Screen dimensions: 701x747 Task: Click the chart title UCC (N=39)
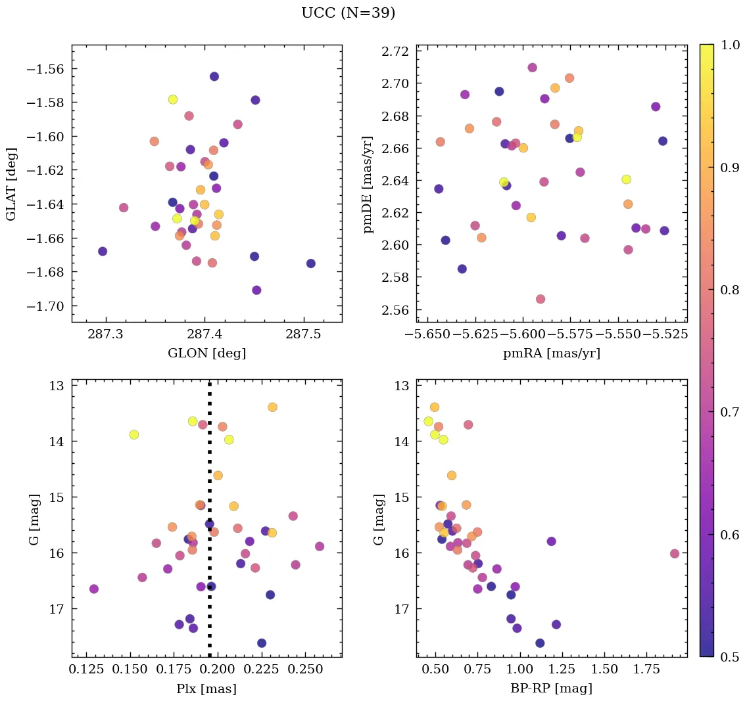pos(348,13)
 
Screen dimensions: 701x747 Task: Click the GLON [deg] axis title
pos(206,353)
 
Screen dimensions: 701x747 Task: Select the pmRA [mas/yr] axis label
pos(551,353)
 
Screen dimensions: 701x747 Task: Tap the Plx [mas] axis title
pos(206,689)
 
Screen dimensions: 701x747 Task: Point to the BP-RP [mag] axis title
pos(551,689)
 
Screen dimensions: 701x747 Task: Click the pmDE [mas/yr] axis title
pos(369,184)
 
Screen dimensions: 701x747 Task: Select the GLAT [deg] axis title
pos(11,184)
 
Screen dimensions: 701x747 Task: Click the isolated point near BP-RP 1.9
pos(675,554)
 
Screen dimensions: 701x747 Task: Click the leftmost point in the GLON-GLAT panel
pos(103,252)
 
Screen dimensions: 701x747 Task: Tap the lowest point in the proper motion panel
pos(541,299)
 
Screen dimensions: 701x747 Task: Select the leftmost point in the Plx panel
pos(94,589)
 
